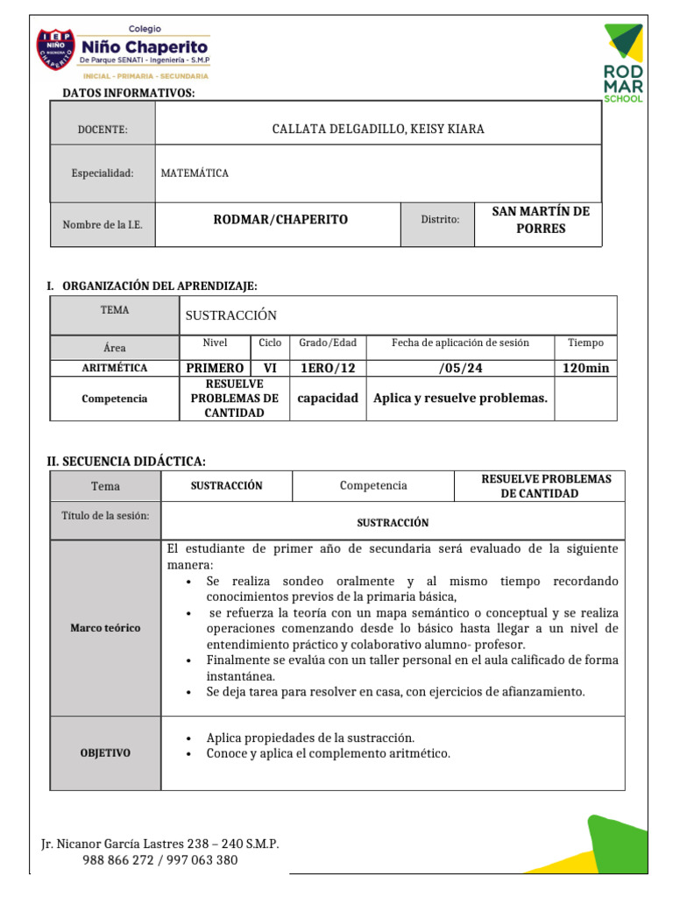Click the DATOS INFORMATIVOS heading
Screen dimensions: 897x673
tap(128, 93)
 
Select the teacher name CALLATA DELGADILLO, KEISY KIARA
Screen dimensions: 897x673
tap(378, 130)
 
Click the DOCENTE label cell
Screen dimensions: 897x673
tap(103, 130)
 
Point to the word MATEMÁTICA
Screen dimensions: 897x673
tap(195, 173)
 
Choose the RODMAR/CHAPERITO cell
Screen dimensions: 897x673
tap(280, 220)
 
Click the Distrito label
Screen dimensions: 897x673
tap(440, 220)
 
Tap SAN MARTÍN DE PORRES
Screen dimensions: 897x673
tap(540, 220)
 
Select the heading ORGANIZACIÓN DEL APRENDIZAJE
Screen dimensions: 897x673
tap(158, 286)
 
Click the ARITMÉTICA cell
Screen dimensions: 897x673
tap(115, 368)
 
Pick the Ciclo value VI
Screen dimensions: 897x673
tap(270, 368)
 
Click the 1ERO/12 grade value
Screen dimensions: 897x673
tap(328, 368)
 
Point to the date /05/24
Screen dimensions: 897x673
tap(460, 368)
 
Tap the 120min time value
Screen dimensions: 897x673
tap(585, 368)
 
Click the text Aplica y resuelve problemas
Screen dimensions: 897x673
tap(460, 399)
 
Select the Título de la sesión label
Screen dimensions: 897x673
tap(105, 515)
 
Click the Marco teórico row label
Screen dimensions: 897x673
tap(105, 628)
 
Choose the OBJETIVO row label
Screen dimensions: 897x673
tap(105, 753)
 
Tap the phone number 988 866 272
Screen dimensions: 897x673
tap(119, 860)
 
